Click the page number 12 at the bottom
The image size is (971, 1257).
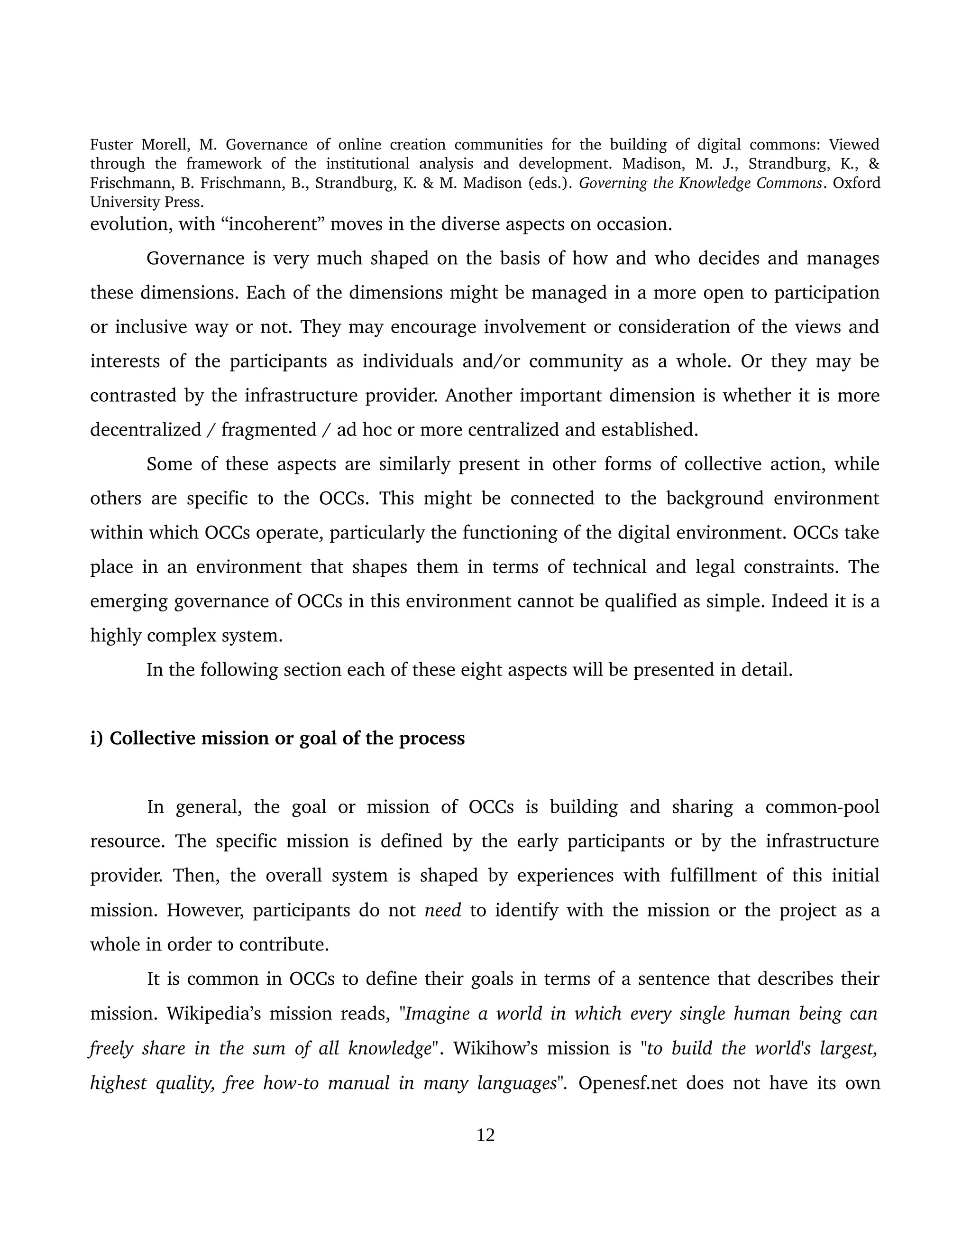tap(485, 1135)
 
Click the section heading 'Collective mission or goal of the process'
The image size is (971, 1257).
tap(286, 738)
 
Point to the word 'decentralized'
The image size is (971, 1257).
tap(146, 429)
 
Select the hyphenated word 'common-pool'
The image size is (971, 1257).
tap(822, 807)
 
